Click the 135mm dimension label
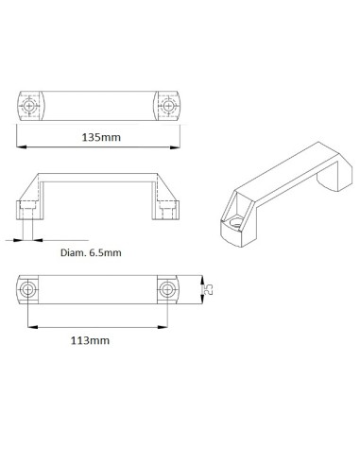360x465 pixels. pos(102,138)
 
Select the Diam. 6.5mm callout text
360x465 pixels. pos(91,252)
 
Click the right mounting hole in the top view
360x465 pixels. pos(169,104)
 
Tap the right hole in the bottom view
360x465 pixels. pos(169,289)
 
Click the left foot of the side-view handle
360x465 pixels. pos(27,208)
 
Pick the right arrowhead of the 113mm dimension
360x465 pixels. pos(169,326)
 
